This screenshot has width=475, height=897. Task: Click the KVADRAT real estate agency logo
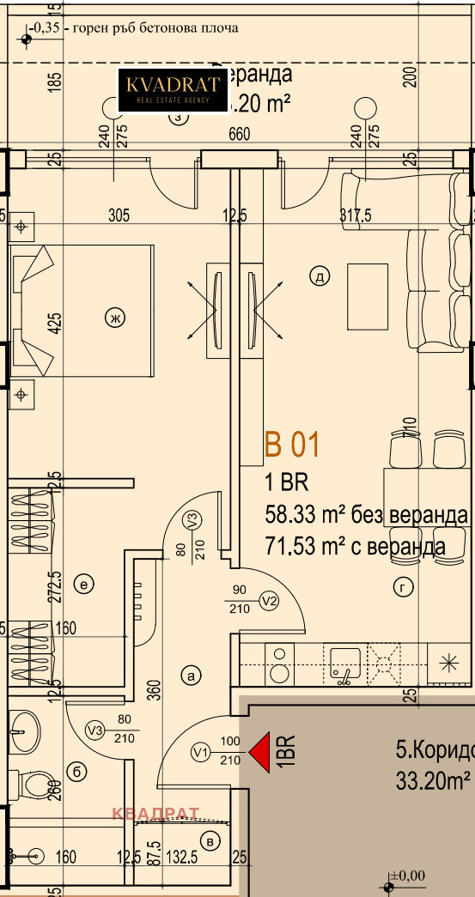click(x=174, y=89)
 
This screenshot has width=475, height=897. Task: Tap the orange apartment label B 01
click(x=292, y=445)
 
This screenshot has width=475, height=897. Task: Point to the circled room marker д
click(x=319, y=276)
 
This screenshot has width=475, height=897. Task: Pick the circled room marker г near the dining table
click(x=402, y=587)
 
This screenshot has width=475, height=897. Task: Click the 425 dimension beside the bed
click(x=55, y=323)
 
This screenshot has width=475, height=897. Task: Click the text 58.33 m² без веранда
click(x=367, y=515)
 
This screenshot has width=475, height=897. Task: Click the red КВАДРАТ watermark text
click(x=155, y=813)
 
